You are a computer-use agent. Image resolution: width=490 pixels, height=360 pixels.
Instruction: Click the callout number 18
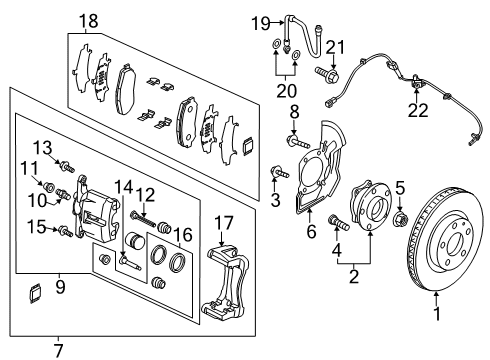coord(89,21)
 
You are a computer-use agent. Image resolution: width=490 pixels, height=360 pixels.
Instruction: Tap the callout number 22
coord(418,110)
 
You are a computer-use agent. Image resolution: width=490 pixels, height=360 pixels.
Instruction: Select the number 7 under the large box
coord(58,350)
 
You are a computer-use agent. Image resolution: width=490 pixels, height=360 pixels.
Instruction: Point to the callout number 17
coord(224,223)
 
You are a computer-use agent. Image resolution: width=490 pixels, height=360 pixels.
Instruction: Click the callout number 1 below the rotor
coord(437,314)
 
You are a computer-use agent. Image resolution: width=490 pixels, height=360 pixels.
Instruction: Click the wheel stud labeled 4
coord(339,223)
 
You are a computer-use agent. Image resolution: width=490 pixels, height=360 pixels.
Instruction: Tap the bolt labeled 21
coord(327,74)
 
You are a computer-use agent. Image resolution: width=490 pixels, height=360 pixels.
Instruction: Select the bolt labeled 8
coord(298,141)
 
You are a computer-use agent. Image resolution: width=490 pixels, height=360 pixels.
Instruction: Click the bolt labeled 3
coord(279,172)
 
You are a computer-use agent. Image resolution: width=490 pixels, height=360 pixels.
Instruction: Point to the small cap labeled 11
coord(49,187)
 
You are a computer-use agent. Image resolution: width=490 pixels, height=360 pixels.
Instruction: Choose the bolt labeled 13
coord(67,166)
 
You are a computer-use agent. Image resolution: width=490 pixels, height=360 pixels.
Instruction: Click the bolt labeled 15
coord(66,231)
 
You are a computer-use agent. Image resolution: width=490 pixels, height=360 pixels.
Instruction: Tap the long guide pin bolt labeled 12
coord(143,218)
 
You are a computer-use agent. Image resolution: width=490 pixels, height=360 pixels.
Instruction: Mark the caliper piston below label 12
coord(135,241)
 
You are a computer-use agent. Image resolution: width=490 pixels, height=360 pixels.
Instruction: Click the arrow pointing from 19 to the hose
coord(276,23)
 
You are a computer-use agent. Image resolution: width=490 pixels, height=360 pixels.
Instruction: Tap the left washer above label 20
coord(276,44)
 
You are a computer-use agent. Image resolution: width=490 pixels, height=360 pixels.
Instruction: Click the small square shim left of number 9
coord(35,293)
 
